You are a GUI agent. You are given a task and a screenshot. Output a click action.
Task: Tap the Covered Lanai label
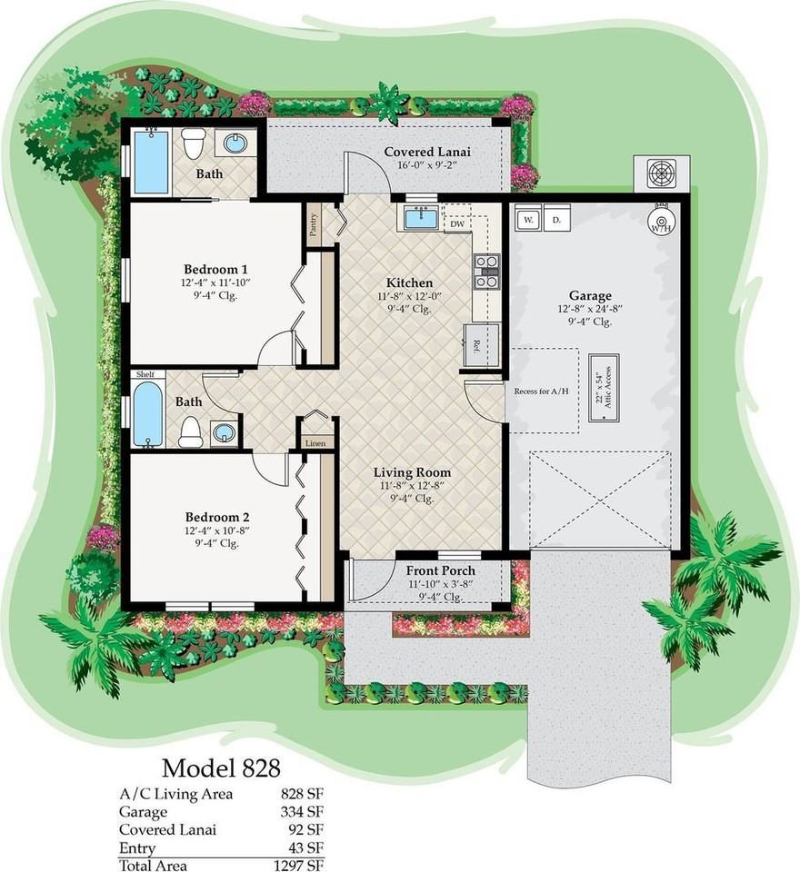(x=425, y=152)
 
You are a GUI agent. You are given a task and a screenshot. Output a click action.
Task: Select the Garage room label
(x=590, y=295)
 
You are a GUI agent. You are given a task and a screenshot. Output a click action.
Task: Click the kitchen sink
(x=420, y=219)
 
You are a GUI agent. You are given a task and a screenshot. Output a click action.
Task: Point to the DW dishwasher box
(x=457, y=223)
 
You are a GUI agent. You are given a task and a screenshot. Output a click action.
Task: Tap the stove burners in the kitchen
(x=486, y=272)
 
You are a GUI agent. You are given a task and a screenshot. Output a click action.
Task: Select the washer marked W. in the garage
(x=527, y=221)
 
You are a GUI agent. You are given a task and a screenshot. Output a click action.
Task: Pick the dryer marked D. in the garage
(x=555, y=221)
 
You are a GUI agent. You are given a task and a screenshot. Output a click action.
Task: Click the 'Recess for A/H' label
(x=543, y=391)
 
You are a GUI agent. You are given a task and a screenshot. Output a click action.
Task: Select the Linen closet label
(x=315, y=442)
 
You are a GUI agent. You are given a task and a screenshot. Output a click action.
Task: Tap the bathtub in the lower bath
(x=148, y=414)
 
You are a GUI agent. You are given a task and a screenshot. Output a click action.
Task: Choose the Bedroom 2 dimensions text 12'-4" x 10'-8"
(x=216, y=531)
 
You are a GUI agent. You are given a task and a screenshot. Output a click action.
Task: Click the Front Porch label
(x=441, y=570)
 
